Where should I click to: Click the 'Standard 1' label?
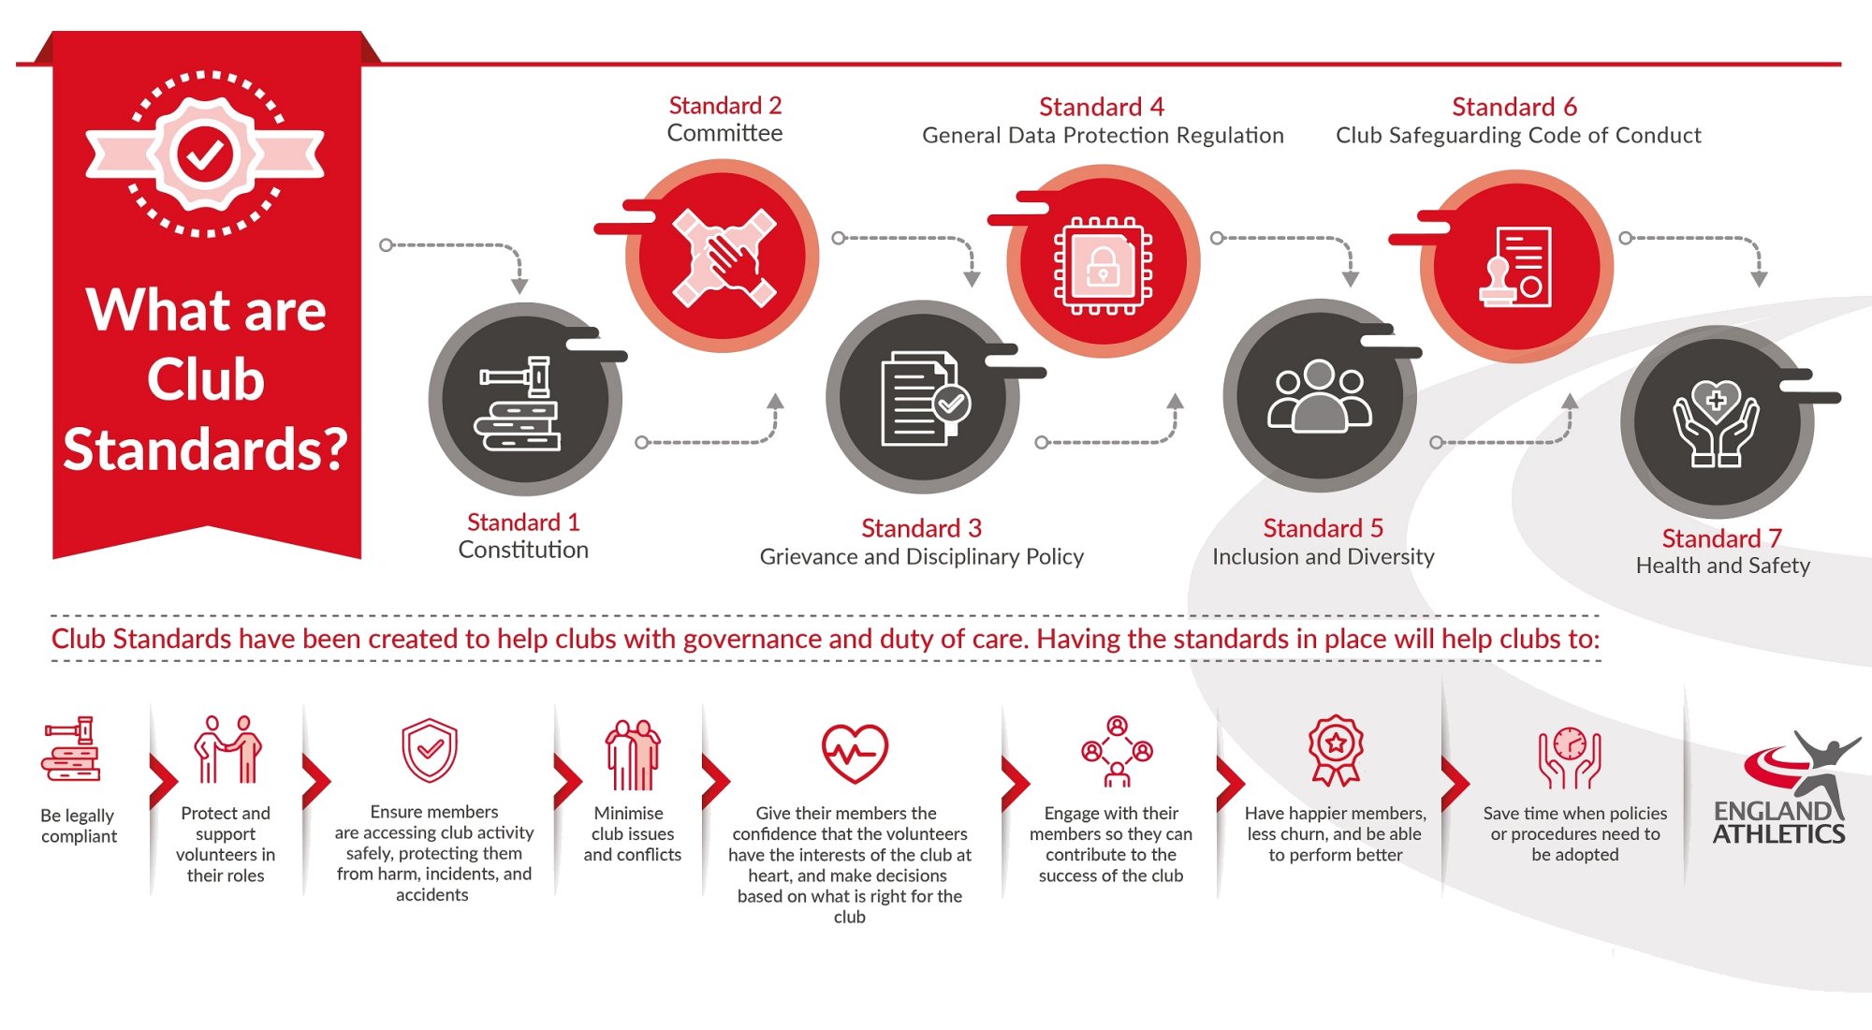(523, 522)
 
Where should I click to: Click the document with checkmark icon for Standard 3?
(925, 399)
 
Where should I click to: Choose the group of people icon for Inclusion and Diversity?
(1319, 396)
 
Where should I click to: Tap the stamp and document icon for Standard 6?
(1515, 267)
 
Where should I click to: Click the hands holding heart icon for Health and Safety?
(1716, 422)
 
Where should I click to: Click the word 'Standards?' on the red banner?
(205, 449)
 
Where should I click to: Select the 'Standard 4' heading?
(1102, 107)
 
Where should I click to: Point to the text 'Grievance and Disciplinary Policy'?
(922, 557)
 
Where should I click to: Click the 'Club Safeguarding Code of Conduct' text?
(1518, 136)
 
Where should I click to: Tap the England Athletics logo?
(1784, 788)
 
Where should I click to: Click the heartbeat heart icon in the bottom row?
(855, 754)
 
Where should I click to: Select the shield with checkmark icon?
(430, 750)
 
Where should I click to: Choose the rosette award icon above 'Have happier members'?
(1336, 750)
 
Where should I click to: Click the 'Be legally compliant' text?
(79, 826)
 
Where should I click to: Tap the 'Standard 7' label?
(1722, 538)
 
